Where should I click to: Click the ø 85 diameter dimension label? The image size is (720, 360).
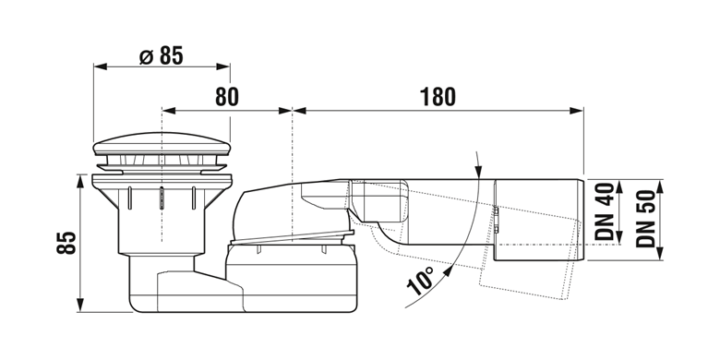pos(161,55)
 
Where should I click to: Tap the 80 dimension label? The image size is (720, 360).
pos(227,97)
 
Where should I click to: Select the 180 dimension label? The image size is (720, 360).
pos(438,97)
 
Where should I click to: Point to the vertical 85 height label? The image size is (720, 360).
pos(67,243)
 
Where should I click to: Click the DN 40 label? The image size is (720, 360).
pos(605,211)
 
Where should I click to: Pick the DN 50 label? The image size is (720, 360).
pos(645,219)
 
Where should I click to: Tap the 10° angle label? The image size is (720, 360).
pos(420,280)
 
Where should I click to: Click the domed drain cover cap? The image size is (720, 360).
pos(162,144)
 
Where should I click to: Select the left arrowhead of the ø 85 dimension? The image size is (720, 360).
pos(100,66)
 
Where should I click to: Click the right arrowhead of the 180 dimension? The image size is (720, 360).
pos(576,110)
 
